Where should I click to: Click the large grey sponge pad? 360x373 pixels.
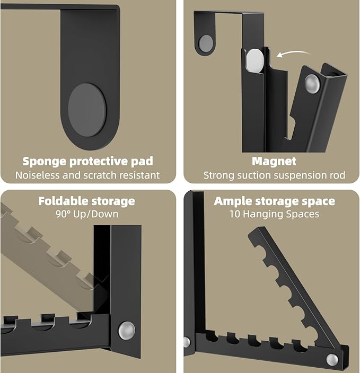tap(87, 110)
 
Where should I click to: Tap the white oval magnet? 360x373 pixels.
tap(255, 60)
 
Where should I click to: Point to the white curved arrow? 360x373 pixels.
tap(294, 54)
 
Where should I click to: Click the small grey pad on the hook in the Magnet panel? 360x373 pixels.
tap(206, 43)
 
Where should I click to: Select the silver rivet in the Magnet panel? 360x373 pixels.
tap(312, 84)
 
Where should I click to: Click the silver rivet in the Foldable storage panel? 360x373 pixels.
tap(126, 331)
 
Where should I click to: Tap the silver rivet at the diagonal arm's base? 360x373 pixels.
tap(332, 360)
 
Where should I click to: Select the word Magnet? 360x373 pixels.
tap(274, 161)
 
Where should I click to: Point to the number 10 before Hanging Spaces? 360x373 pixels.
tap(235, 214)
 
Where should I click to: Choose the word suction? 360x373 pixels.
tap(254, 175)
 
